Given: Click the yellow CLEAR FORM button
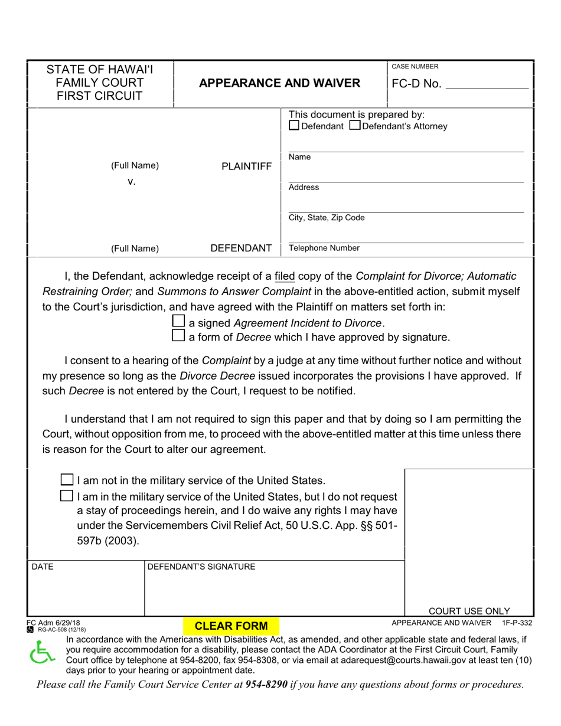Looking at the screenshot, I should [231, 626].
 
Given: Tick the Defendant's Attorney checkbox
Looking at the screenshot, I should [355, 126].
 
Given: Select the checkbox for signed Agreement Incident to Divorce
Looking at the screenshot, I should [178, 322].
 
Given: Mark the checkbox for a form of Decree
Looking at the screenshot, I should [178, 336].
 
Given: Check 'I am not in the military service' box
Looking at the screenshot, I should [68, 479].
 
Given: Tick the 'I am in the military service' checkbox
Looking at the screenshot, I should [68, 496].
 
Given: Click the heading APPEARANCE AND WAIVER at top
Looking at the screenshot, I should [279, 83].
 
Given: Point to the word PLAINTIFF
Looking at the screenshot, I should [246, 166].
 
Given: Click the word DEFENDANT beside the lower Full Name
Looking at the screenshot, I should [241, 248].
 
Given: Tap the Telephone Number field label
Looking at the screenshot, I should [324, 248].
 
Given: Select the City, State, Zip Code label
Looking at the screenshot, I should [327, 218].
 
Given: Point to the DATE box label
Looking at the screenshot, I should [42, 567].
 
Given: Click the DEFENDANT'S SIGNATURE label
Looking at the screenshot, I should [201, 567].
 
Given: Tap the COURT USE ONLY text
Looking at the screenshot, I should [469, 611].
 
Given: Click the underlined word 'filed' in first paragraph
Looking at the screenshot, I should [285, 276].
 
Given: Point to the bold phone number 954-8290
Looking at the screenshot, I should [267, 685].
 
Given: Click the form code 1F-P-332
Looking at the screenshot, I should [517, 623].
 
